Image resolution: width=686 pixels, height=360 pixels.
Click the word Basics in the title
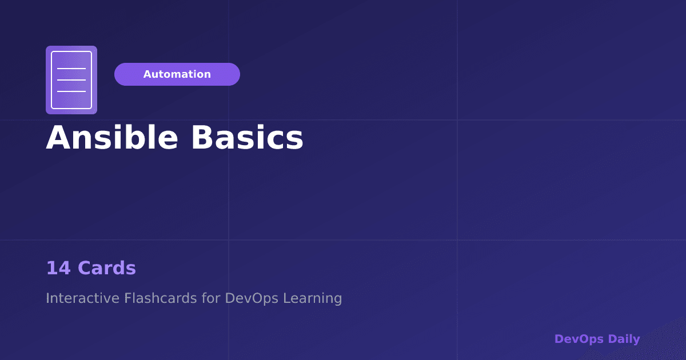click(247, 138)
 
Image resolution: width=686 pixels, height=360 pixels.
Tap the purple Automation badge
click(177, 74)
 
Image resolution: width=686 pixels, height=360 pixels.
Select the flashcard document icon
click(71, 80)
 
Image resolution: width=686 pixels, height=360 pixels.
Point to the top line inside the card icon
click(71, 69)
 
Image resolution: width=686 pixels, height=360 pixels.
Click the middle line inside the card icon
click(71, 80)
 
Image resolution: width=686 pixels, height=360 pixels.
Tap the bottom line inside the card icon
click(71, 91)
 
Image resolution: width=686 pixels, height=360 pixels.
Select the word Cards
click(107, 268)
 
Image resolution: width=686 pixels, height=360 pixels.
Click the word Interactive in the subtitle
click(82, 298)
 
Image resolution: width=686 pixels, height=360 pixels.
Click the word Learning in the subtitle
click(313, 298)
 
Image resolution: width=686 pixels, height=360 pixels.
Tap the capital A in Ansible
click(58, 138)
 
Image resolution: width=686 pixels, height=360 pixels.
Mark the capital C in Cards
click(85, 268)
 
